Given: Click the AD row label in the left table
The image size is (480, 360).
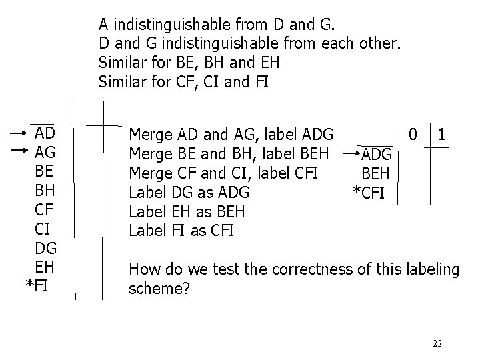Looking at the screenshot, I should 45,132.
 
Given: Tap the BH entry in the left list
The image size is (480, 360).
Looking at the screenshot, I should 45,193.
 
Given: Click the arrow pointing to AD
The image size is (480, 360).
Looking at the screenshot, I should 19,133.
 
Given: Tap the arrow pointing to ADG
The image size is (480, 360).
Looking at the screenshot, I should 351,153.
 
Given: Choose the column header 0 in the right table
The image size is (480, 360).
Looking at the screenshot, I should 414,134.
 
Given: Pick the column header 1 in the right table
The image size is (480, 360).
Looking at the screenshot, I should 441,134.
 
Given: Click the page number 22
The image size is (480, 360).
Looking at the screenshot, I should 437,343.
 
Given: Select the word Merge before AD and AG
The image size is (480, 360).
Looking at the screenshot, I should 148,133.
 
